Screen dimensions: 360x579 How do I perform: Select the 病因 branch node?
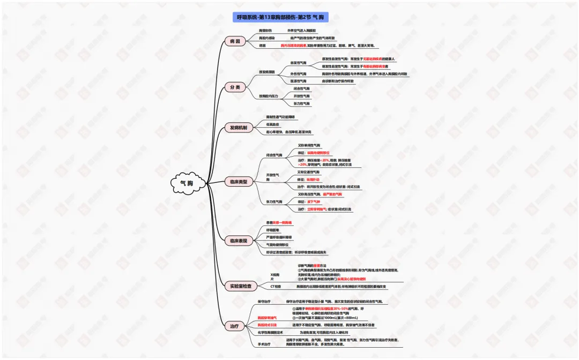[235, 41]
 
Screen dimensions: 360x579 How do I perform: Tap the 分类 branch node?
[235, 87]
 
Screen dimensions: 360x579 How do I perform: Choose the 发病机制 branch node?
[238, 128]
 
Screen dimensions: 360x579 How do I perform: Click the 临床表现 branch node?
[238, 241]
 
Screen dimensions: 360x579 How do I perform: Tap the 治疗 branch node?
[235, 326]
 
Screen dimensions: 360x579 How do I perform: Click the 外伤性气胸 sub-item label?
[299, 74]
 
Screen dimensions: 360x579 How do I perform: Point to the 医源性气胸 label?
[299, 81]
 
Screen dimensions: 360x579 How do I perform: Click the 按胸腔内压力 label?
[269, 95]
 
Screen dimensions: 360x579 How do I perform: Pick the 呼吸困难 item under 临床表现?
[274, 230]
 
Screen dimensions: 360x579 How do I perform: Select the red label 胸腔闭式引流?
[268, 325]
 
